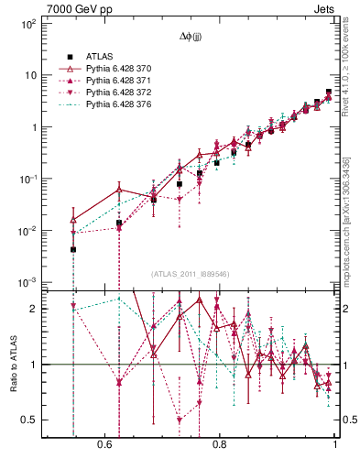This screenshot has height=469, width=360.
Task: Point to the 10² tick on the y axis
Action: (27, 24)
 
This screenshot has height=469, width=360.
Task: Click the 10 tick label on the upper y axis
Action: (29, 76)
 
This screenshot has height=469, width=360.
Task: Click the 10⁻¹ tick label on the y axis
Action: (27, 180)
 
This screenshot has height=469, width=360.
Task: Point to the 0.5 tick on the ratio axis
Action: (28, 420)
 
